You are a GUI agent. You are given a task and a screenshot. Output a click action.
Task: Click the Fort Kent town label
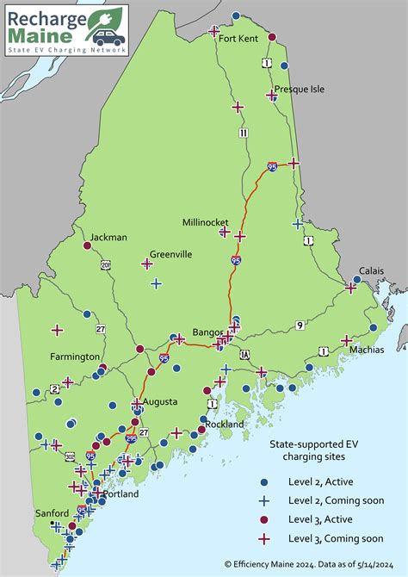(x=238, y=38)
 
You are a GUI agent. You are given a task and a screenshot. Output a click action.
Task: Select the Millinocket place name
(x=204, y=221)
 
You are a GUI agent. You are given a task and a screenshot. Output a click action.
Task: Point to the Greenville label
(x=170, y=254)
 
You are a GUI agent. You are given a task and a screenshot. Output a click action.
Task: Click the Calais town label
(x=371, y=270)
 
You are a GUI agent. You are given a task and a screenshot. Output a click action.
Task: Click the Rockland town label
(x=225, y=424)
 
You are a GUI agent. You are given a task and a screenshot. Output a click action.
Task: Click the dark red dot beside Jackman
(x=86, y=245)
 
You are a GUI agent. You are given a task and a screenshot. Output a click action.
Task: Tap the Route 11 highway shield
(x=244, y=133)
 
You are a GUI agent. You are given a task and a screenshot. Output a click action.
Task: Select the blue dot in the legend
(x=264, y=481)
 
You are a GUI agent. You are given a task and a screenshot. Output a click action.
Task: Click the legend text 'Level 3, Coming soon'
(x=336, y=538)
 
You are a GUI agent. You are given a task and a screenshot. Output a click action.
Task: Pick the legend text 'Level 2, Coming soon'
(x=336, y=500)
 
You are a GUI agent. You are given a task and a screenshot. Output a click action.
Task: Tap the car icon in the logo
(x=108, y=37)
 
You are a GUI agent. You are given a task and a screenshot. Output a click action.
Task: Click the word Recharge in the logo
(x=47, y=18)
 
